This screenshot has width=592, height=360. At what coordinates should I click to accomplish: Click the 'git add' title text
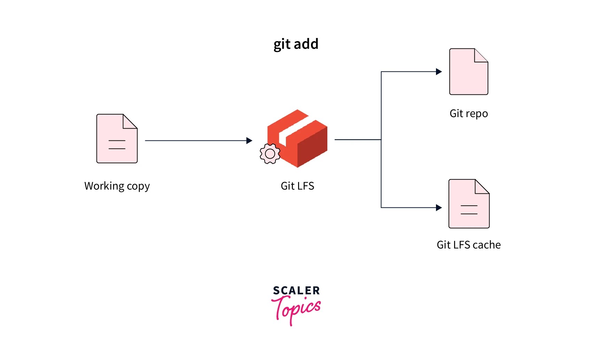point(296,44)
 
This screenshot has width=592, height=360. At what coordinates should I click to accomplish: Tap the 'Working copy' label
point(117,186)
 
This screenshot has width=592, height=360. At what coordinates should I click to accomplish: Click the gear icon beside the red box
point(270,154)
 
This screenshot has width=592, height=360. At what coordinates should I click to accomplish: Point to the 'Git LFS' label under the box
point(297,186)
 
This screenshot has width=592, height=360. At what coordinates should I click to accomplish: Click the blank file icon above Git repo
point(468,72)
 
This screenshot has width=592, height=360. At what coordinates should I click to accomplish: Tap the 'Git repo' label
point(468,114)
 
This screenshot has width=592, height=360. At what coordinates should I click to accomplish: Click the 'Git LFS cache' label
point(468,245)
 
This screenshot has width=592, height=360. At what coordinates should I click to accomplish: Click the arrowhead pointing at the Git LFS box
point(249,141)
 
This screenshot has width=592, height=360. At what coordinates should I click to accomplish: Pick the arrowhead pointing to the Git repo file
point(439,72)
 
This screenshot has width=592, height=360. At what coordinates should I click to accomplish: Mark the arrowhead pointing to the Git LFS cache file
point(439,208)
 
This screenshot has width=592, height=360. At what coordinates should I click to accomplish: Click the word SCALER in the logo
point(296,291)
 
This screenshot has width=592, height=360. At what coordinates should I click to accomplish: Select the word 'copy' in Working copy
point(138,186)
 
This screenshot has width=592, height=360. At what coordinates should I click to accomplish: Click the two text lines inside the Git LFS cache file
point(469,209)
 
